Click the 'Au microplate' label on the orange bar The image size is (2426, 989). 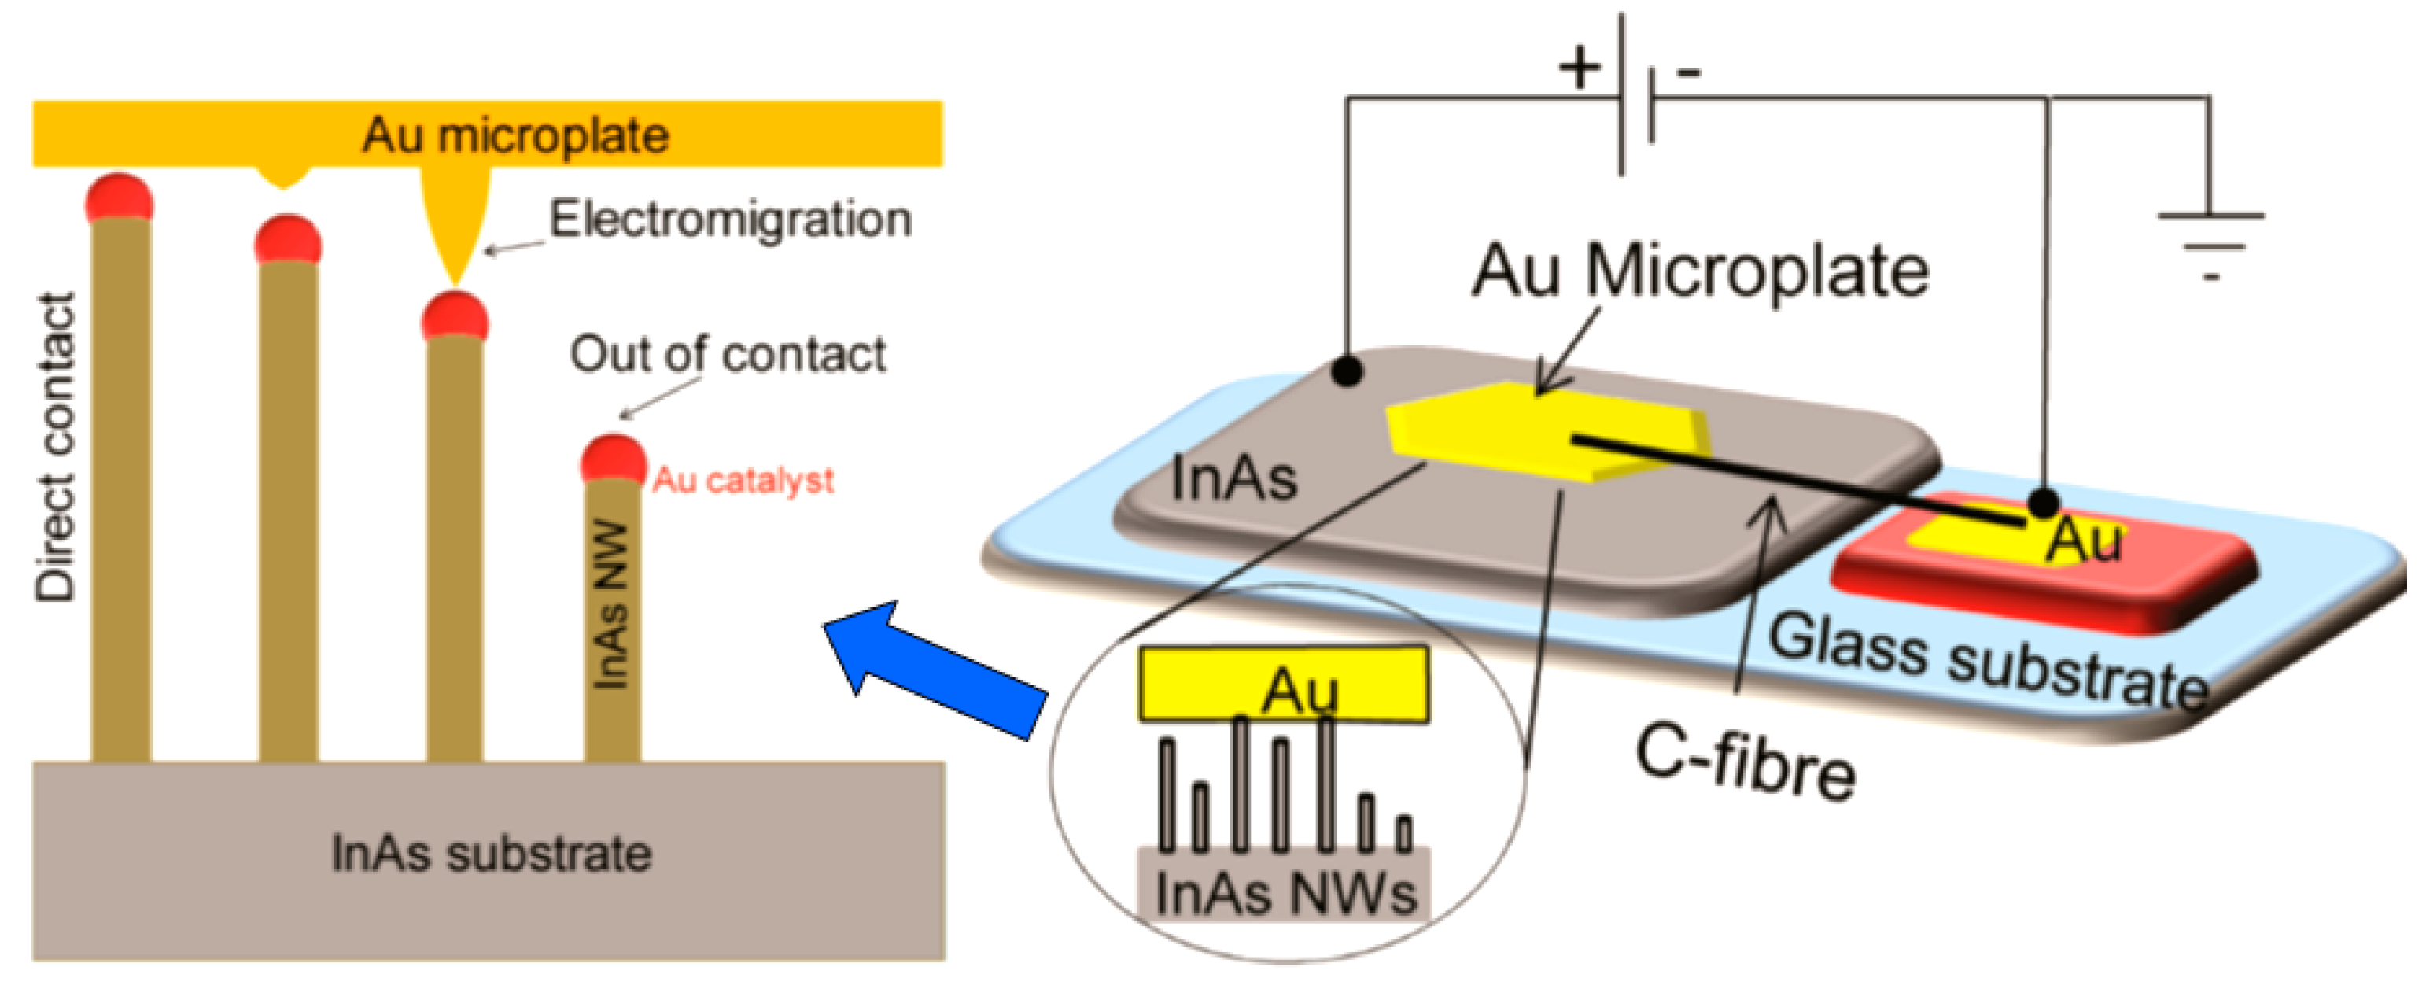click(x=515, y=135)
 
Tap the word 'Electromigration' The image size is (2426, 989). click(x=730, y=220)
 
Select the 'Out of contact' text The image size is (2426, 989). click(x=727, y=355)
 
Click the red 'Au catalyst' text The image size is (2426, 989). click(x=743, y=481)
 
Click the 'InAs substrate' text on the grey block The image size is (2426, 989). click(x=491, y=854)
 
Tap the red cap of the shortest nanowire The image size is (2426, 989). click(x=613, y=458)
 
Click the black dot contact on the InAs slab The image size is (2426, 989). click(x=1348, y=370)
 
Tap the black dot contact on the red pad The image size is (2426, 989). click(x=2043, y=503)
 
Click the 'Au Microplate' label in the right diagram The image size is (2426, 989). click(x=1701, y=271)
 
